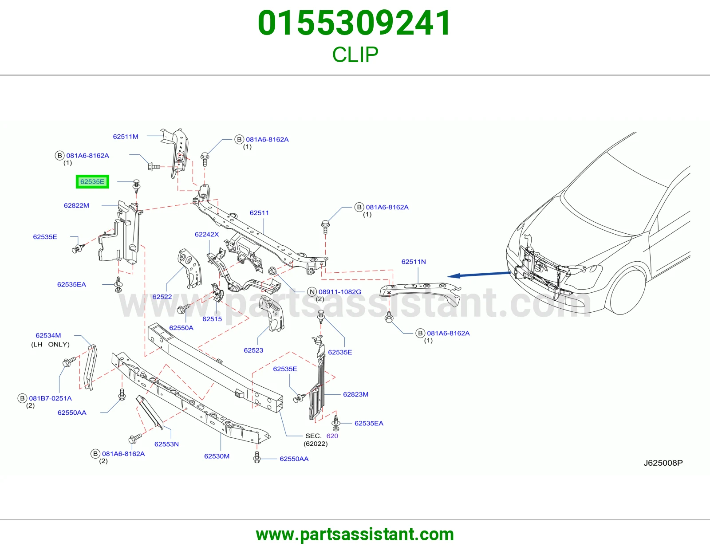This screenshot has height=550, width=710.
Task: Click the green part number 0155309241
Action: [355, 23]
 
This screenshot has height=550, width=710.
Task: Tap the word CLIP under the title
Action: [355, 55]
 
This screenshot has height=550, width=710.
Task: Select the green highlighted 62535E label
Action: [92, 181]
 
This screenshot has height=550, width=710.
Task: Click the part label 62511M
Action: [126, 137]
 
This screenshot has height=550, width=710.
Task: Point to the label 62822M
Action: [76, 205]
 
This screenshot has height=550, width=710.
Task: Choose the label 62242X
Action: [207, 234]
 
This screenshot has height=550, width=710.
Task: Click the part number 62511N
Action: [414, 262]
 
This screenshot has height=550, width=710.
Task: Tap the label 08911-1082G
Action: [340, 292]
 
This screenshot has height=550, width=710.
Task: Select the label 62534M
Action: [48, 335]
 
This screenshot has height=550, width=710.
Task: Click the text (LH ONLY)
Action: [50, 345]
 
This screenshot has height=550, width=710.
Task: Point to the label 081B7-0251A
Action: [50, 398]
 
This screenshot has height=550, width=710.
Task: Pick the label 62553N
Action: [167, 444]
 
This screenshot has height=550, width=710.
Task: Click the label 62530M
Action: [217, 456]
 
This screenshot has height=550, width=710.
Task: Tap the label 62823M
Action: [355, 394]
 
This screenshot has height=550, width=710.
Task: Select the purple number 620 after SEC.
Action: [332, 436]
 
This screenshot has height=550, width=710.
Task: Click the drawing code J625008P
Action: [663, 463]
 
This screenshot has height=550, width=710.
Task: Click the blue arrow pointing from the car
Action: [479, 275]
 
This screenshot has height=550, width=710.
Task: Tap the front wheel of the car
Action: [624, 292]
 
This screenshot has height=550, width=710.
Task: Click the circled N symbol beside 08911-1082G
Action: [312, 292]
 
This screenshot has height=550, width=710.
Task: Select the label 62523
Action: [253, 350]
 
